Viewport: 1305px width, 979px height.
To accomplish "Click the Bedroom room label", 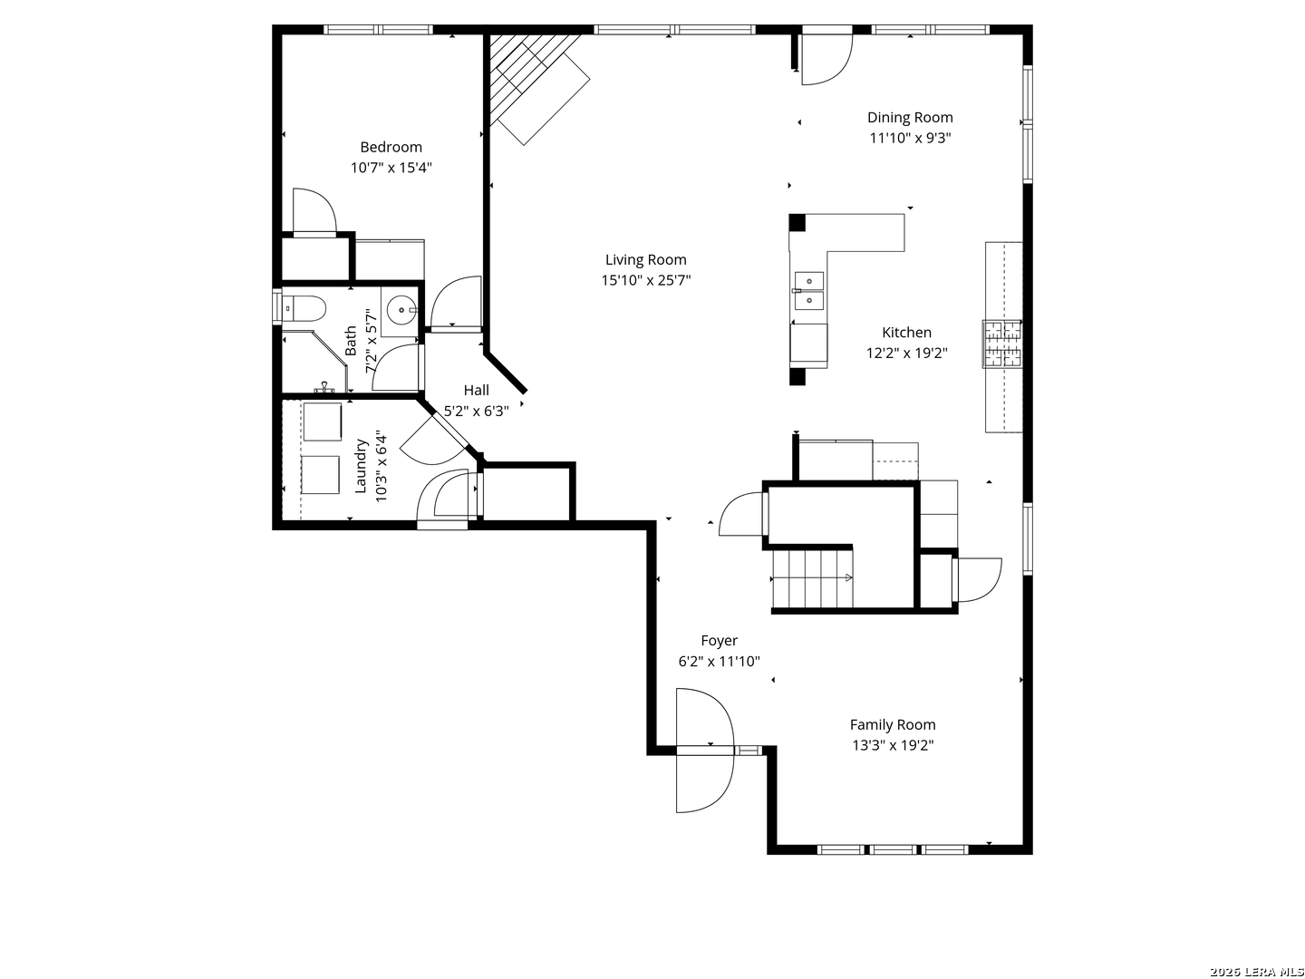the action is tap(391, 147).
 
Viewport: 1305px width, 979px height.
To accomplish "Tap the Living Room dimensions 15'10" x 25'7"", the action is tap(645, 280).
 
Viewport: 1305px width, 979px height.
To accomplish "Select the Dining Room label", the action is tap(910, 118).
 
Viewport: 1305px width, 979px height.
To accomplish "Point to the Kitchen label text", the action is tap(906, 333).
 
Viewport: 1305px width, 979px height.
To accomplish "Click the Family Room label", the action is tap(893, 724).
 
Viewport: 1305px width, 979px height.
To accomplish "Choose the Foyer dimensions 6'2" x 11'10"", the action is tap(719, 661).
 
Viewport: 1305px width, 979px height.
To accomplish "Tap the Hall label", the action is tap(476, 391).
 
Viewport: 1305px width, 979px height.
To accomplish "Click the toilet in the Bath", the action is tap(304, 309).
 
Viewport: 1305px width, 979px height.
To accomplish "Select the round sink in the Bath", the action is tap(401, 310).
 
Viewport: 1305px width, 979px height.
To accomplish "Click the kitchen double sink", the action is tap(808, 291).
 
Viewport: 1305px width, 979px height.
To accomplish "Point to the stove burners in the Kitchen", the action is tap(1002, 344).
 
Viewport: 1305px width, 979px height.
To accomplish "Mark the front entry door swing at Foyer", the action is tap(705, 751).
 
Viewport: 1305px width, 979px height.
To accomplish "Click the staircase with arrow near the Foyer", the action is tap(812, 579).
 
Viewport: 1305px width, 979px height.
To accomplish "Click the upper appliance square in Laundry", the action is tap(323, 422).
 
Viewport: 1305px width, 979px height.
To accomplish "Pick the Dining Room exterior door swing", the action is tap(827, 60).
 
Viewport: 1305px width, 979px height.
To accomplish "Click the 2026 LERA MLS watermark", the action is tap(1256, 971).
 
